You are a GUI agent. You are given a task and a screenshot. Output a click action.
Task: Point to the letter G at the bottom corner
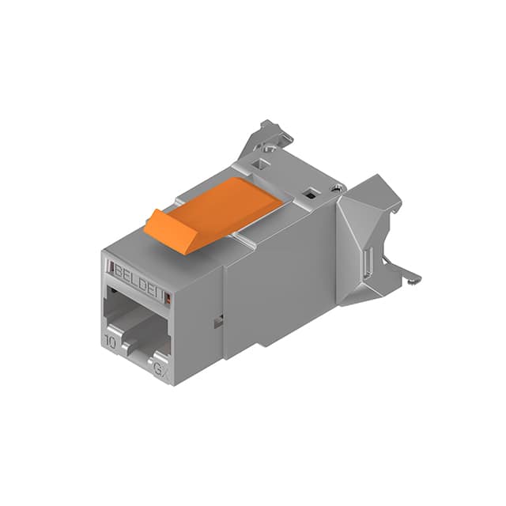click(x=158, y=367)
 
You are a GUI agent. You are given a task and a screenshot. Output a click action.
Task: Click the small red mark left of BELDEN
click(x=109, y=267)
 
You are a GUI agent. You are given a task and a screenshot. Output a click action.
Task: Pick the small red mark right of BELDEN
click(x=167, y=296)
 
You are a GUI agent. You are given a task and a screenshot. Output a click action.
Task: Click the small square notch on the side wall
click(x=217, y=320)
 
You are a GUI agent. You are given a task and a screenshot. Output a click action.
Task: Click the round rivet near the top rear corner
click(x=338, y=188)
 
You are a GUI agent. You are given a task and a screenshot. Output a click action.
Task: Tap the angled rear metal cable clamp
click(x=372, y=237)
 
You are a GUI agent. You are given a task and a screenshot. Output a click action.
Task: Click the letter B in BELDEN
click(x=119, y=270)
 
